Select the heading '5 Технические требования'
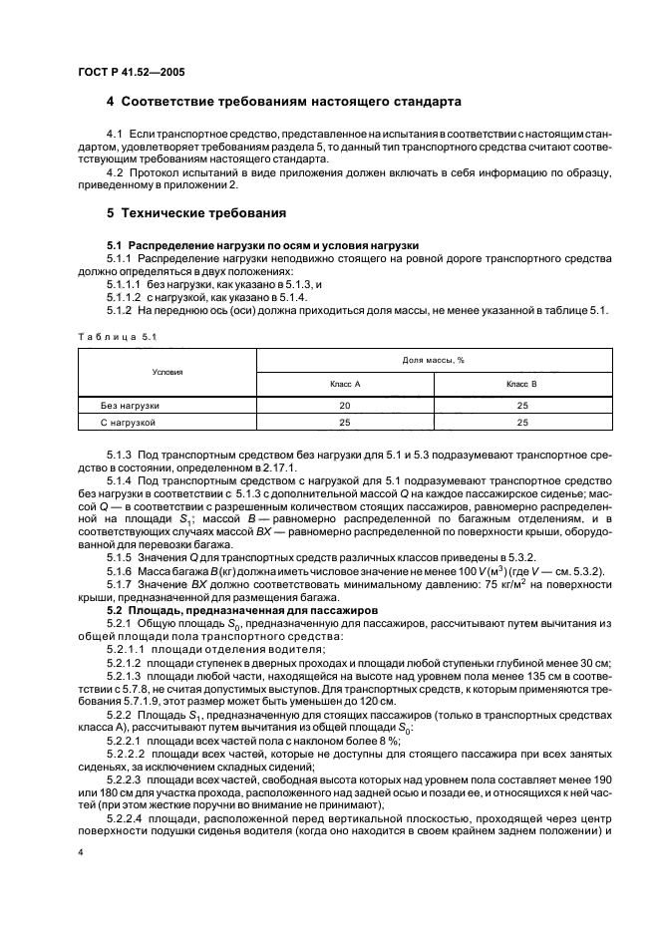click(x=196, y=213)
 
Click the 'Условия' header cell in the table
click(x=166, y=371)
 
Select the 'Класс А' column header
click(x=345, y=383)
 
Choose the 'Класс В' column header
click(x=521, y=383)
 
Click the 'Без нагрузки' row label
click(x=130, y=406)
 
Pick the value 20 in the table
click(x=345, y=406)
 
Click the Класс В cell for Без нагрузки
click(x=521, y=406)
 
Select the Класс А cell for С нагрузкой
click(x=345, y=423)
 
